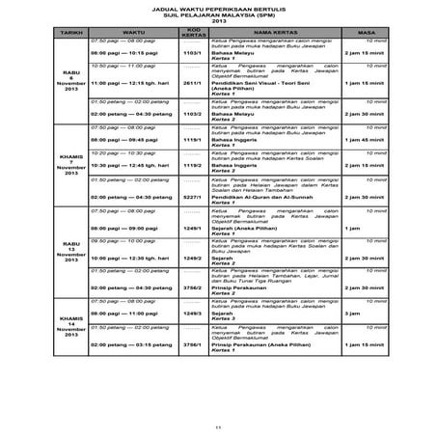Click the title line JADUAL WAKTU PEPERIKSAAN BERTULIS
click(x=218, y=6)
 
